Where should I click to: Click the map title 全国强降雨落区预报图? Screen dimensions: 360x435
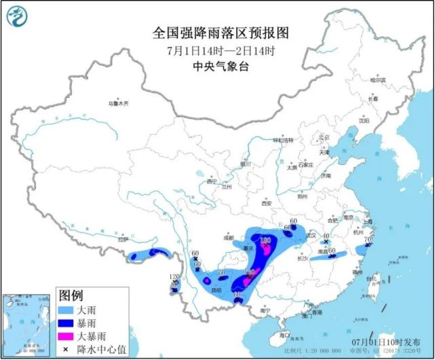coord(216,32)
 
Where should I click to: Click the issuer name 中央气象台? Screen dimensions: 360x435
coord(216,67)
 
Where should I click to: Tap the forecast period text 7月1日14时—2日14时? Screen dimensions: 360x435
coord(216,50)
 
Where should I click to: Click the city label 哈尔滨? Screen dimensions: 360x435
coord(377,80)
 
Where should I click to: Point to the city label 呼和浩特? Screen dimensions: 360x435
coord(284,140)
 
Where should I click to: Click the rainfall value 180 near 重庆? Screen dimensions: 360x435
coord(266,240)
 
